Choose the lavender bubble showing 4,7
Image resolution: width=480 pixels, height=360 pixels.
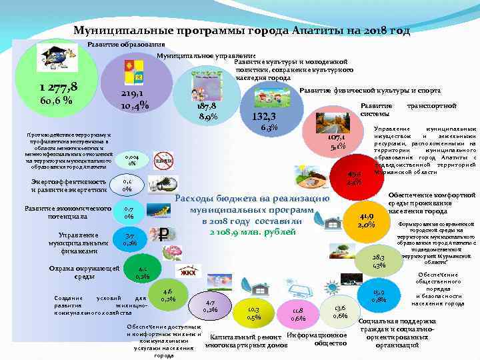click(210, 305)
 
